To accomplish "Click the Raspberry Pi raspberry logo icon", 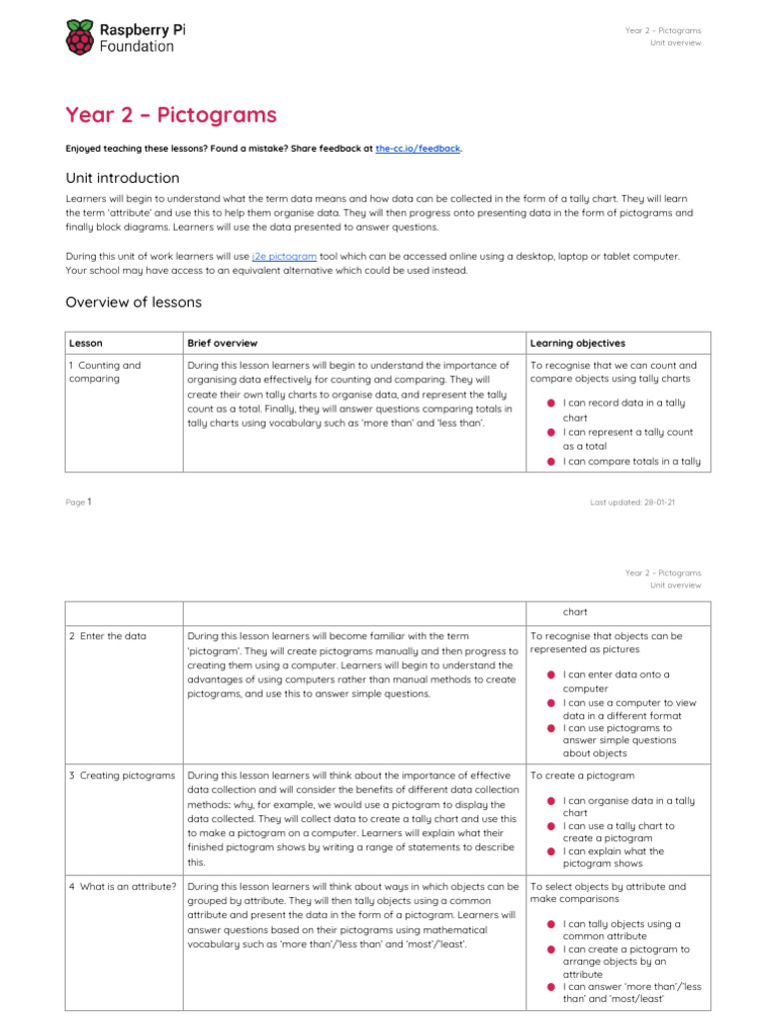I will [81, 38].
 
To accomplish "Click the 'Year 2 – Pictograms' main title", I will [171, 115].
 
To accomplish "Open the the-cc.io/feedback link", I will [417, 148].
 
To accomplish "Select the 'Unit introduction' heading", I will [123, 178].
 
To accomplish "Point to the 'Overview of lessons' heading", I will [133, 302].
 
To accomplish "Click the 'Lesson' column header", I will [85, 343].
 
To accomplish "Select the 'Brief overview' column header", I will [222, 343].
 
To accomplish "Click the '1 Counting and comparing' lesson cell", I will [105, 372].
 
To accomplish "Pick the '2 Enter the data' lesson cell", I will [107, 636].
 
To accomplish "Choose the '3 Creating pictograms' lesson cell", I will [121, 775].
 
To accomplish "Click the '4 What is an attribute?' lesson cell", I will [123, 886].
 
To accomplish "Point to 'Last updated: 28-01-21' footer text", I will [632, 503].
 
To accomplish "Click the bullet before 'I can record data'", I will [550, 404].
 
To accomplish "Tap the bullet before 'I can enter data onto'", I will [550, 675].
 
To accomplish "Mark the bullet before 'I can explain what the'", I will [550, 851].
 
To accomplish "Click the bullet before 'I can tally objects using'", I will [550, 924].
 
